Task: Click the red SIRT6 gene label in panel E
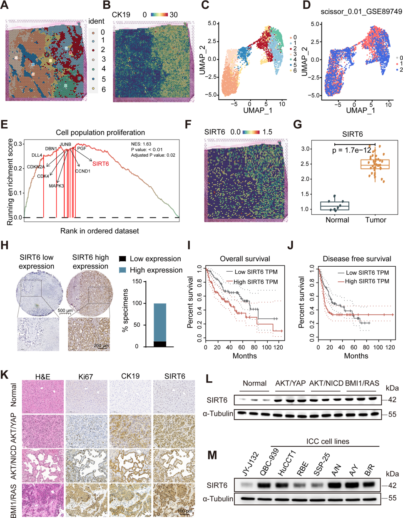100,164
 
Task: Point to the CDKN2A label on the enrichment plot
36,167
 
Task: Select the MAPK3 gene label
56,186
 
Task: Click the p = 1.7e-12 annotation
351,150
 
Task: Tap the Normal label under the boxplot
337,220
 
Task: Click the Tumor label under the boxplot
376,220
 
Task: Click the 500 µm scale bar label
65,311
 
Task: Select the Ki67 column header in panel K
86,377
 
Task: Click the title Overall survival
245,259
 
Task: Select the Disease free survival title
357,259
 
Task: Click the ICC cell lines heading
328,441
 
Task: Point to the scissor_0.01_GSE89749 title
361,12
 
